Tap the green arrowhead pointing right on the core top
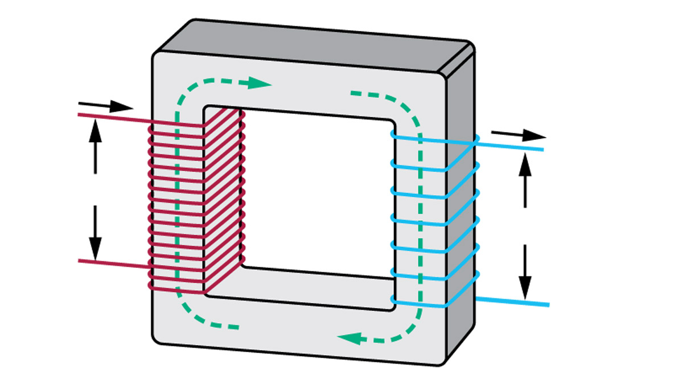(x=261, y=84)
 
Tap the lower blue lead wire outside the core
(x=512, y=301)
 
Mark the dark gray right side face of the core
(x=460, y=216)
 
